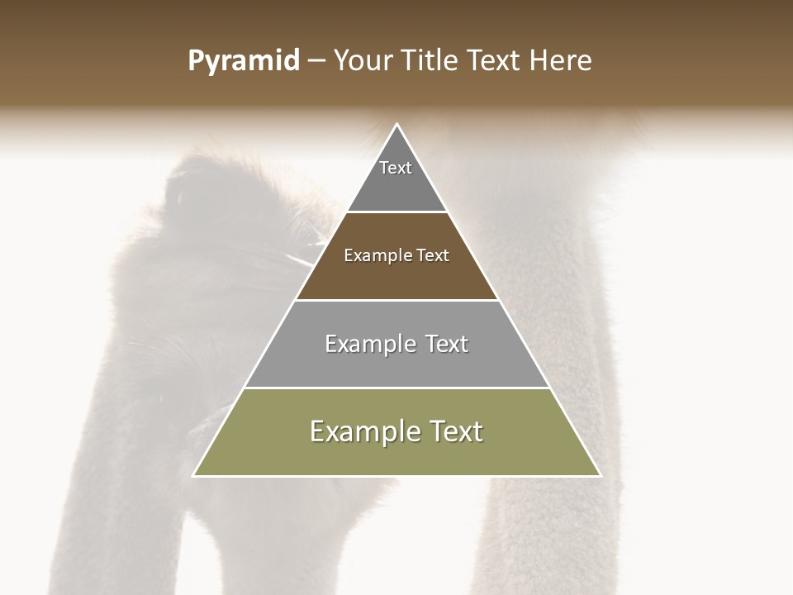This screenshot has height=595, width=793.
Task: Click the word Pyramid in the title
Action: click(x=244, y=61)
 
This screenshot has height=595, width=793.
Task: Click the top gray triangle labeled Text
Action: click(x=396, y=178)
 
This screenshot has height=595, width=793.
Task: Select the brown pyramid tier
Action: click(x=396, y=273)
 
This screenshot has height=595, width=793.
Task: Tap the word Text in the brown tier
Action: click(x=434, y=256)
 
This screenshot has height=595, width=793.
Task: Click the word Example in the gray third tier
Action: click(x=369, y=344)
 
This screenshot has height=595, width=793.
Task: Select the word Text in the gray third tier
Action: click(x=447, y=344)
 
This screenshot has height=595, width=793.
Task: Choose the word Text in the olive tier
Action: click(x=455, y=431)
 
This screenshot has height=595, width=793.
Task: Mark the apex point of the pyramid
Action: click(x=396, y=125)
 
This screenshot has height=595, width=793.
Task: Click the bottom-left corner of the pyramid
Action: click(x=194, y=475)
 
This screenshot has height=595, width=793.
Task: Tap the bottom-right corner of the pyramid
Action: click(x=600, y=475)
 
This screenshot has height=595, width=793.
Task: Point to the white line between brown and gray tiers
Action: click(x=396, y=300)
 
